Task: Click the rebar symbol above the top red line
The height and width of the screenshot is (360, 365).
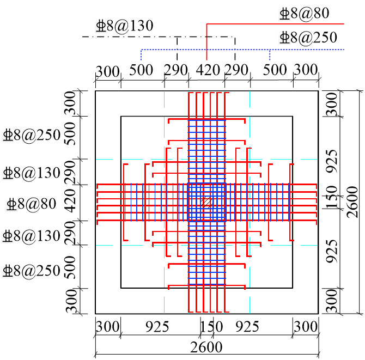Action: [x=284, y=14]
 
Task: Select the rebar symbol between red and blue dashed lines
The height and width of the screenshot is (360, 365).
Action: [x=284, y=38]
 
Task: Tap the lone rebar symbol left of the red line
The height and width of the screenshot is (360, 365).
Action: [x=101, y=26]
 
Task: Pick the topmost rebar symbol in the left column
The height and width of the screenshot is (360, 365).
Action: [x=8, y=135]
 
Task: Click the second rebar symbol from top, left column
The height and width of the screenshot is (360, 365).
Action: [x=8, y=173]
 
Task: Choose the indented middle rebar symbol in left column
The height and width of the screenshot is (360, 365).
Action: [x=11, y=204]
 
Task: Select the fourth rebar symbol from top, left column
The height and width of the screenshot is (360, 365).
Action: [x=7, y=236]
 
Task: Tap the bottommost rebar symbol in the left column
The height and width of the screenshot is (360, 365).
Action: [x=7, y=271]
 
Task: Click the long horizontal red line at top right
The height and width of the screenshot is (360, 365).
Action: [x=275, y=24]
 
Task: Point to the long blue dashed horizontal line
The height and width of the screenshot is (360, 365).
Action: [x=240, y=50]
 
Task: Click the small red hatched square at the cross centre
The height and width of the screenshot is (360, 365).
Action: [x=206, y=203]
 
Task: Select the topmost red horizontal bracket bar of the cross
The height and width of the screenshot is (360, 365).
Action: [x=206, y=119]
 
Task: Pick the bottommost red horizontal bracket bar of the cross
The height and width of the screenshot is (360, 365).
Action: [x=206, y=286]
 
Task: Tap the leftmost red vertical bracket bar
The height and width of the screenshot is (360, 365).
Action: [x=124, y=202]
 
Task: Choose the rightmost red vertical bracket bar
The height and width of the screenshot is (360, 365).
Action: [x=290, y=202]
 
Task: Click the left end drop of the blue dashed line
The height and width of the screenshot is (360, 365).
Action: [x=141, y=55]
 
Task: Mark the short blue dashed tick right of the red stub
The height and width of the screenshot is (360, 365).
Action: [x=270, y=55]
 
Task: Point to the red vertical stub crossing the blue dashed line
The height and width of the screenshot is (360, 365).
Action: [x=206, y=48]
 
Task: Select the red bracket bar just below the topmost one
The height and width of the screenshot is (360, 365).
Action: [x=206, y=141]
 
